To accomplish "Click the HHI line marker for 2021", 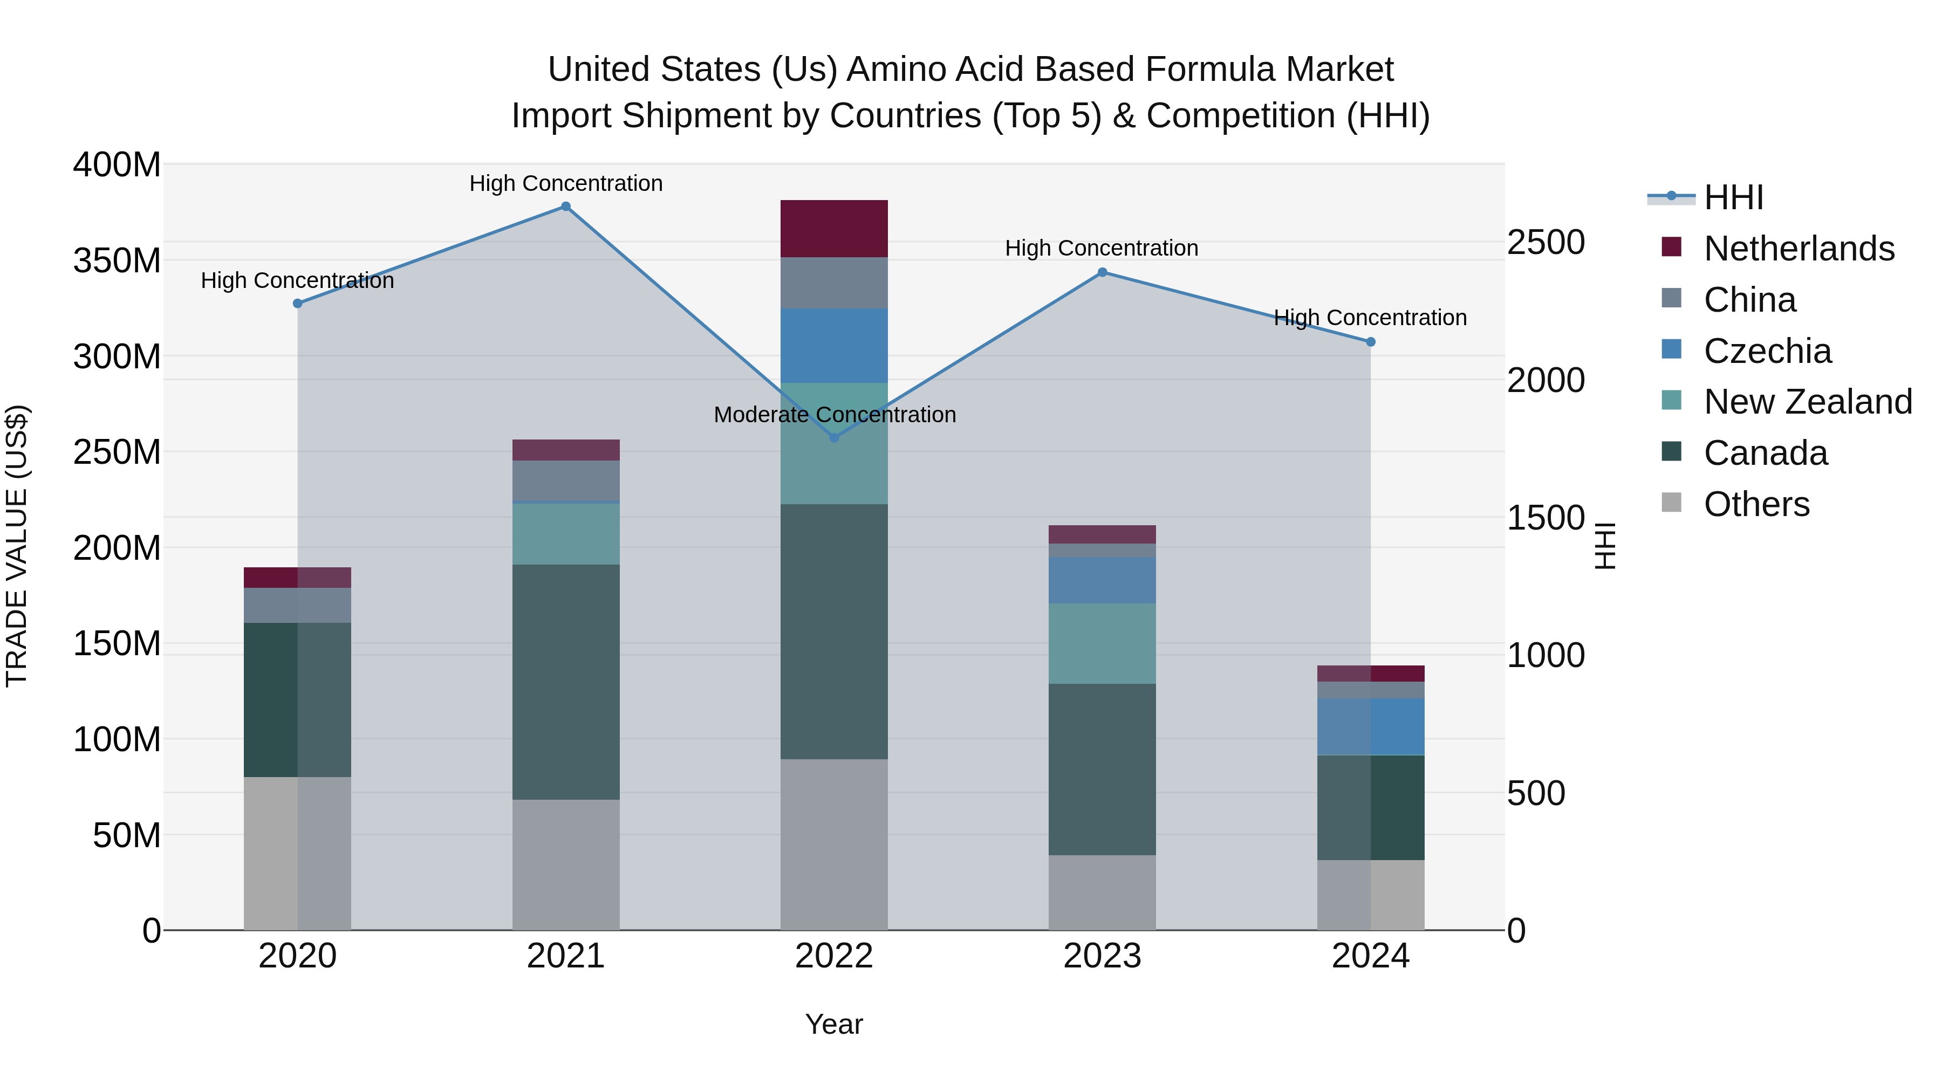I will [x=565, y=207].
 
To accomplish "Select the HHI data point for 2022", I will [x=834, y=438].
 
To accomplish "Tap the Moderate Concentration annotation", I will [x=834, y=415].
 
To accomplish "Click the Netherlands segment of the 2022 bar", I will [x=834, y=228].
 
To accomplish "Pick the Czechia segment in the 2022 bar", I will [x=834, y=345].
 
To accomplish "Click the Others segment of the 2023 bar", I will [x=1102, y=892].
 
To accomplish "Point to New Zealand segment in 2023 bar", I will [x=1102, y=643].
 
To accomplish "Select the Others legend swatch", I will [x=1671, y=503].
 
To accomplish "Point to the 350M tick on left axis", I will [x=117, y=261].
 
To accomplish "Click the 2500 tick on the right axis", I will [x=1545, y=243].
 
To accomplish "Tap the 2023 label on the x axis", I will [x=1102, y=956].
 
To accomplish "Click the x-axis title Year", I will [x=834, y=1024].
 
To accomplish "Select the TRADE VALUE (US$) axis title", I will [x=17, y=546].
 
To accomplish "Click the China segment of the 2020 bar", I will [x=297, y=605].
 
